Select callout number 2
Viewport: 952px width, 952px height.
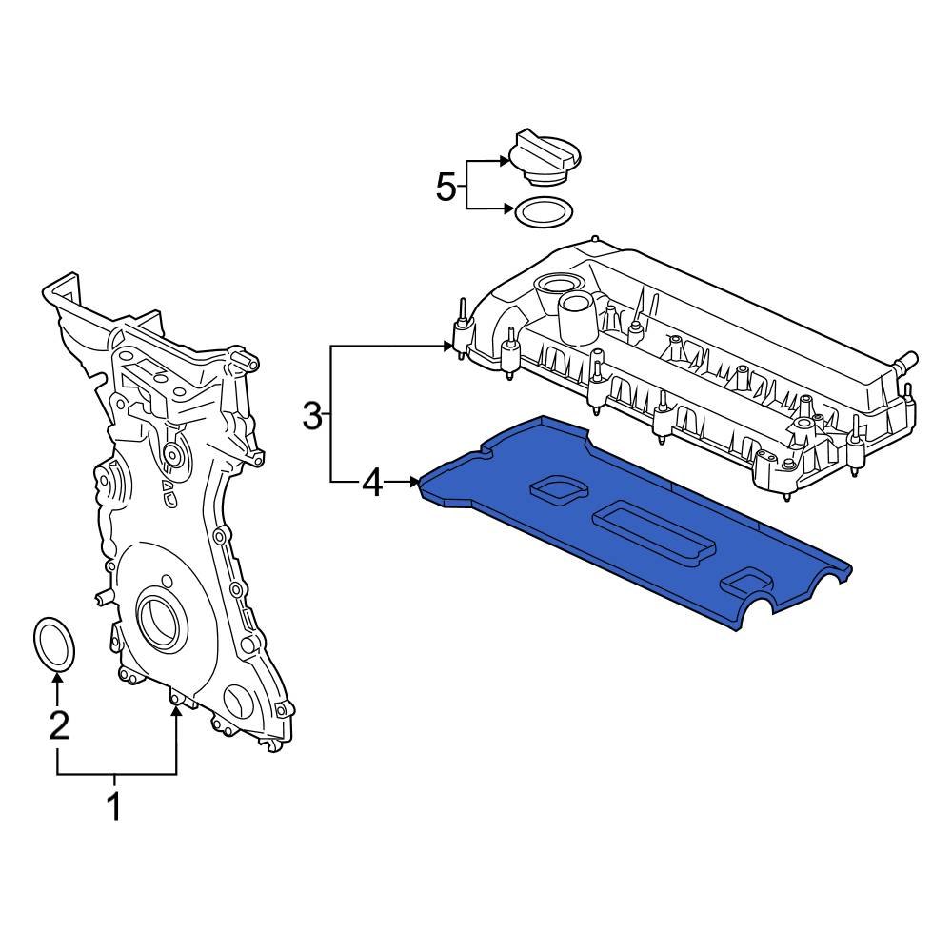pyautogui.click(x=58, y=725)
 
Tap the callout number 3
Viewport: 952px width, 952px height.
pyautogui.click(x=313, y=415)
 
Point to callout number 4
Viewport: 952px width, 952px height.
pyautogui.click(x=372, y=484)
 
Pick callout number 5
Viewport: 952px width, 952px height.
pyautogui.click(x=446, y=187)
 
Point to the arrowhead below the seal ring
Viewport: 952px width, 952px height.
pyautogui.click(x=58, y=678)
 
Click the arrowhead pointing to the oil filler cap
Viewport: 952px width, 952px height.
pyautogui.click(x=505, y=164)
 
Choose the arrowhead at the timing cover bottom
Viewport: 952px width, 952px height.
pyautogui.click(x=176, y=712)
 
